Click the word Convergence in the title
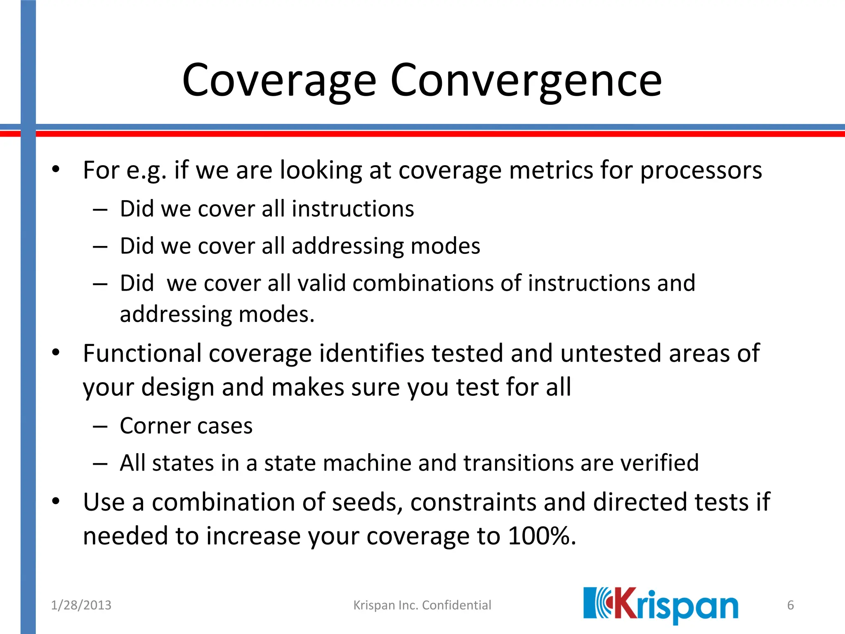pos(526,80)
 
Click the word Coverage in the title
pos(279,80)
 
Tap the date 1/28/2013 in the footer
pos(81,605)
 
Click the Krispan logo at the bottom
pos(661,605)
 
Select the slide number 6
pos(790,605)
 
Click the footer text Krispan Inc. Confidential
pos(422,605)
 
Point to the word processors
pos(701,170)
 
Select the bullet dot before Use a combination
pos(56,502)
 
